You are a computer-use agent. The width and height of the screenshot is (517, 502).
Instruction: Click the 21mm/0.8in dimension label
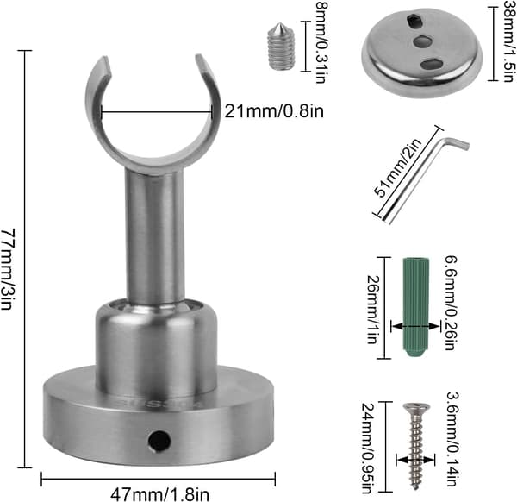coord(274,111)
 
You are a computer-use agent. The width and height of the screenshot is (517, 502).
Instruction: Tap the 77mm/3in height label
coord(7,268)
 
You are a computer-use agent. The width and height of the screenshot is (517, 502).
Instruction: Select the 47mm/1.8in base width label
coord(159,494)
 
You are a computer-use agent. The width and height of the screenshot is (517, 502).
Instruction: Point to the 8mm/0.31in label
coord(321,42)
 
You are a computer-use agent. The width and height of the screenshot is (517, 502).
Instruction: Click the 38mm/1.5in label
coord(508,41)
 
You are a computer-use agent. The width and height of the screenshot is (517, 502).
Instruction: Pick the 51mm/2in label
coord(398,167)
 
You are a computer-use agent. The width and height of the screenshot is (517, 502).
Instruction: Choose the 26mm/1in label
coord(373,310)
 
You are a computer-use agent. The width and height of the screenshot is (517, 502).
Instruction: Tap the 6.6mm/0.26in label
coord(451,303)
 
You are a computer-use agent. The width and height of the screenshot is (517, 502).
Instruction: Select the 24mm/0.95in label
coord(368,448)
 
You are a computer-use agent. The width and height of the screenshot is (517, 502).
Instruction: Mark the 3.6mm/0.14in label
coord(453,439)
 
